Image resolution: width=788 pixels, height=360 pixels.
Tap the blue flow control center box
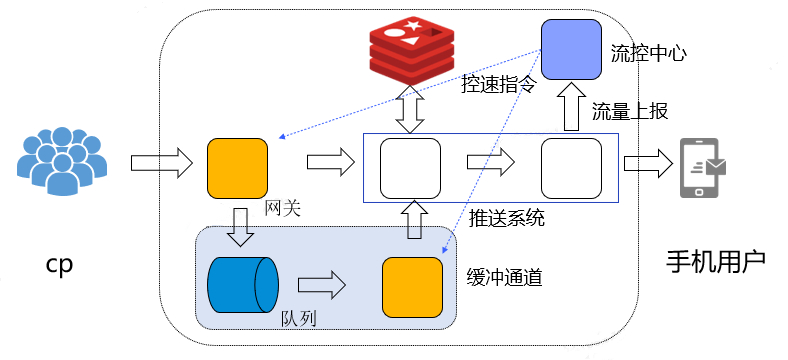pos(571,49)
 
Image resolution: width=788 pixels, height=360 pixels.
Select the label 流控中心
pos(648,53)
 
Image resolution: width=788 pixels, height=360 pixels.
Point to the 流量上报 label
pos(630,111)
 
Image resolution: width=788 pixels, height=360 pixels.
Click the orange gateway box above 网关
pos(237,168)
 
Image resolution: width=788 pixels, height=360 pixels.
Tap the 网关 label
pos(282,208)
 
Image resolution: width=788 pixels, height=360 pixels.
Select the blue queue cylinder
pos(243,285)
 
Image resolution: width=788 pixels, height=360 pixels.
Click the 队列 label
pos(299,319)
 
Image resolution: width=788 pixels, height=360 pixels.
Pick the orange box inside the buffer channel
pos(413,287)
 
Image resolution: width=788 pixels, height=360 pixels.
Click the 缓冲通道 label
pos(504,277)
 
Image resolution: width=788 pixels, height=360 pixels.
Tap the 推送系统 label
pos(507,218)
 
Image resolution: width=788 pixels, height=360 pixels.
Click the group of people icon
pos(62,161)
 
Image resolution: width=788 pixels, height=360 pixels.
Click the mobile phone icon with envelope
pos(703,168)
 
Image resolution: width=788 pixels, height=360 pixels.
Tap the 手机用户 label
pos(716,261)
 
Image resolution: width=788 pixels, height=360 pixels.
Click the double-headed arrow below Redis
pos(410,109)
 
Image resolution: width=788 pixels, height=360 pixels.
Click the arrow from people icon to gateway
pos(161,163)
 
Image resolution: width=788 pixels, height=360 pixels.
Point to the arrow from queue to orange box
pos(322,285)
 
